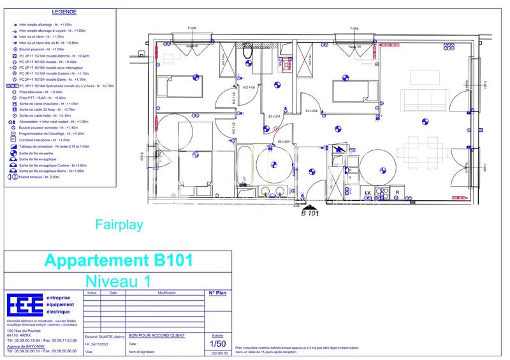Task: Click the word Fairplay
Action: tap(119, 224)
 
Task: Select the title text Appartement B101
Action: tap(117, 261)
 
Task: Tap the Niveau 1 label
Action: tap(117, 280)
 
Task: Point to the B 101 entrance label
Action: tap(310, 213)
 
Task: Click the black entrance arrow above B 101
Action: tap(310, 206)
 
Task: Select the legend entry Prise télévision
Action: tap(42, 92)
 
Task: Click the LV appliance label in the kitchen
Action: tap(368, 192)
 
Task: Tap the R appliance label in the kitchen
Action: tap(397, 192)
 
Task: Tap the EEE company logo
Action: tap(25, 305)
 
